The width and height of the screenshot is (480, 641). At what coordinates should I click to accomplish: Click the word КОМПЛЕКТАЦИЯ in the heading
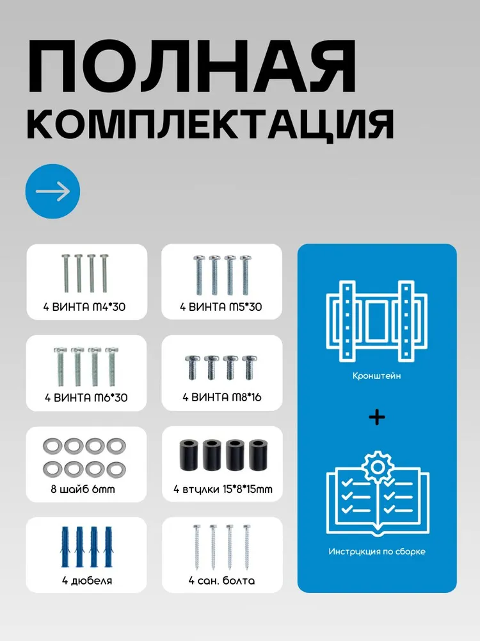tap(210, 125)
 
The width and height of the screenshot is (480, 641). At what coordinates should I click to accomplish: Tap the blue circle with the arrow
tap(52, 191)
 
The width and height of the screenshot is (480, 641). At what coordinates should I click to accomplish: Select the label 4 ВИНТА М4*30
tap(84, 306)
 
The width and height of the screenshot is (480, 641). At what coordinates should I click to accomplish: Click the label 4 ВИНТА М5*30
tap(221, 306)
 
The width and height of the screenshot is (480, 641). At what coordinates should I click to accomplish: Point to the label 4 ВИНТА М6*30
tap(86, 397)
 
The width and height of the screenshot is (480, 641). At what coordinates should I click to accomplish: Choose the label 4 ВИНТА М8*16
tap(221, 397)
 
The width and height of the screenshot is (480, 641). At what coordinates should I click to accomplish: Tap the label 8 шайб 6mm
tap(83, 489)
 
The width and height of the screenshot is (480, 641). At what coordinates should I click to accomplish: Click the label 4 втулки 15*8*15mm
tap(223, 489)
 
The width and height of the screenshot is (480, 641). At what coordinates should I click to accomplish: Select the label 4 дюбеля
tap(87, 581)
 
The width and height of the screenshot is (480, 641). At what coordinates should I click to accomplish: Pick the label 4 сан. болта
tap(221, 581)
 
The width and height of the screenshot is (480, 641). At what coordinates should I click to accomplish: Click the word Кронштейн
tap(377, 376)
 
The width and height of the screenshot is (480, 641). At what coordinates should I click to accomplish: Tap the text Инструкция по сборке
tap(377, 551)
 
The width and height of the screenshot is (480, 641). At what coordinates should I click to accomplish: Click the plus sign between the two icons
tap(377, 417)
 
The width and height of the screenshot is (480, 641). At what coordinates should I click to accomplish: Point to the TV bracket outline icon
tap(377, 321)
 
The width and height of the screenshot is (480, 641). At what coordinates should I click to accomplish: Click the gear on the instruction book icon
tap(378, 467)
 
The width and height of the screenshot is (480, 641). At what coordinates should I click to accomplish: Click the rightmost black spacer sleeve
tap(257, 455)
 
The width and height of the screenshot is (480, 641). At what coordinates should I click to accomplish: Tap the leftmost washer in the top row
tap(52, 446)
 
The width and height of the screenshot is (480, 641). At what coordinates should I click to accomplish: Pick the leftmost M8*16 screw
tap(192, 367)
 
